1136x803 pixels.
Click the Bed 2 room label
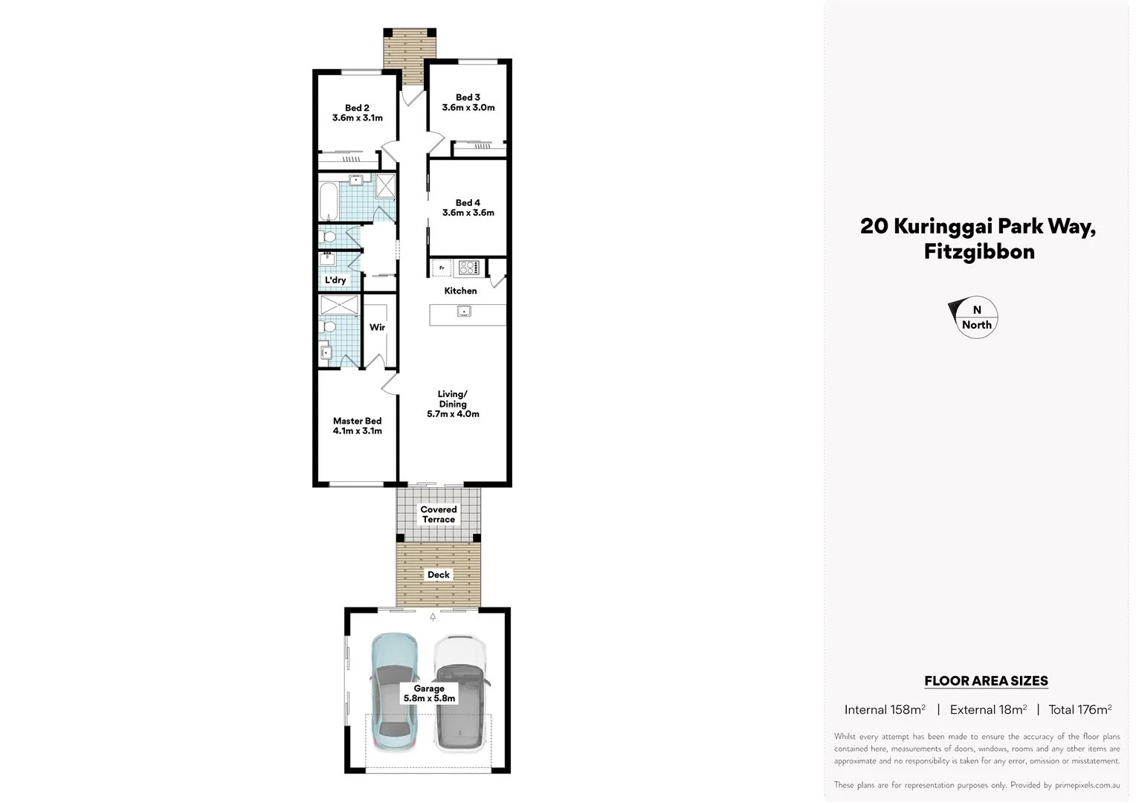[357, 108]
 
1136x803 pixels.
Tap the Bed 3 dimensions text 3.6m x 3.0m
[468, 108]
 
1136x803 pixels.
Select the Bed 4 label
[468, 202]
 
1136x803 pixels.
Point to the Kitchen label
[460, 291]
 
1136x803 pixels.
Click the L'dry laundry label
[335, 280]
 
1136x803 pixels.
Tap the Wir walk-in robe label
[377, 327]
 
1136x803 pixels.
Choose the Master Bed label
[357, 421]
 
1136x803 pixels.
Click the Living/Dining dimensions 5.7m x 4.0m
[453, 414]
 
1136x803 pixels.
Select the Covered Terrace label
[439, 515]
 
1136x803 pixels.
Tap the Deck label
[439, 575]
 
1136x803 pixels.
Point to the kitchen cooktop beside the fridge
[468, 268]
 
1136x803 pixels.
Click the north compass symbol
[975, 317]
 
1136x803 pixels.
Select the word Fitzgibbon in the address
[979, 252]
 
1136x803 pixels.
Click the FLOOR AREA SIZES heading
[985, 681]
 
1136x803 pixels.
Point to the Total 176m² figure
[1079, 710]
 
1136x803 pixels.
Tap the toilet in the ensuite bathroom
[328, 328]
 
